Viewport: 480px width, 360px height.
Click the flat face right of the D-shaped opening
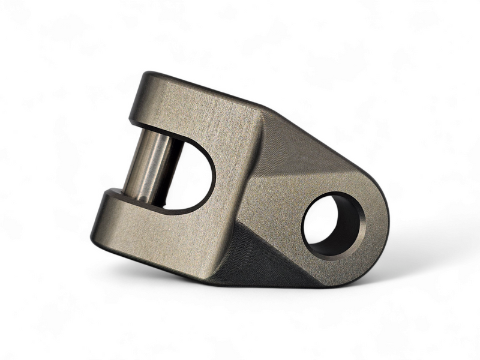coord(237,180)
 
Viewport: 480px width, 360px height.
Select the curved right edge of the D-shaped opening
coord(213,174)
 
